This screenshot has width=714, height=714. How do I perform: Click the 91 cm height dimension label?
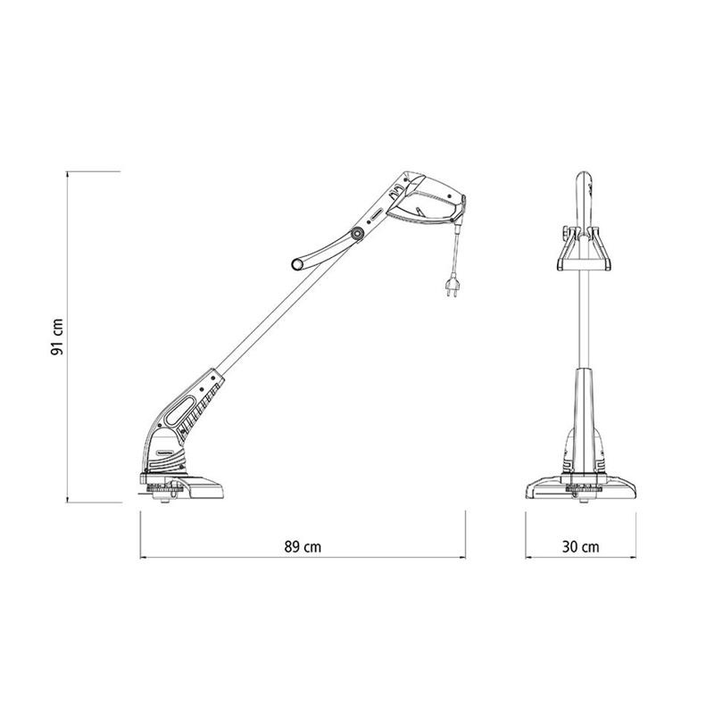click(57, 337)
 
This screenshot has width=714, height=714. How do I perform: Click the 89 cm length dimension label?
click(303, 546)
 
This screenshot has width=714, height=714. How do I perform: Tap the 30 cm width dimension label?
click(581, 546)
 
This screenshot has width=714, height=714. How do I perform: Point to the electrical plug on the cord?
click(452, 286)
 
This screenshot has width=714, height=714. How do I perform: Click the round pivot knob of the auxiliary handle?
click(356, 235)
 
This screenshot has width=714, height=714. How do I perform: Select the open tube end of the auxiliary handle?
click(297, 263)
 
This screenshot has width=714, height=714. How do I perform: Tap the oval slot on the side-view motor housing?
click(181, 411)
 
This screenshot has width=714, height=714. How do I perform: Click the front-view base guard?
click(581, 488)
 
